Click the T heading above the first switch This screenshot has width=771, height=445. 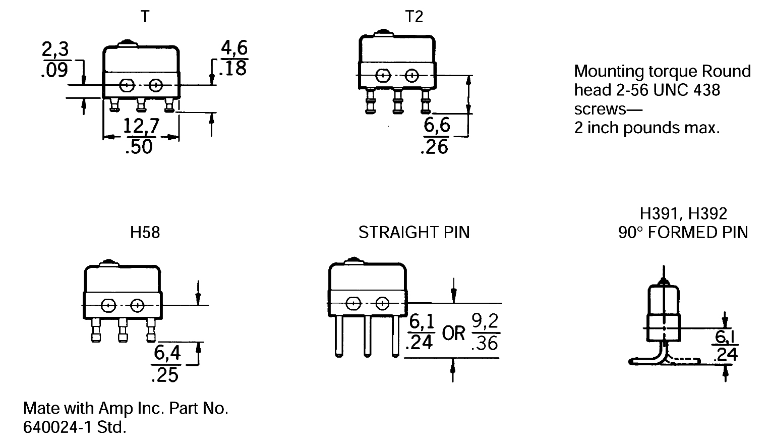point(145,17)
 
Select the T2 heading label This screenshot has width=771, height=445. point(414,17)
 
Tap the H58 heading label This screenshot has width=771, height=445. point(145,232)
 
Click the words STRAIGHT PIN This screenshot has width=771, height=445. point(414,232)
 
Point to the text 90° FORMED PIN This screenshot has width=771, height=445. point(683,232)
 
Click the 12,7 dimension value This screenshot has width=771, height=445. point(141,126)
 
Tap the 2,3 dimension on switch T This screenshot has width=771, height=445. point(55,50)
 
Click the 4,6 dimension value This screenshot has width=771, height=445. point(234,48)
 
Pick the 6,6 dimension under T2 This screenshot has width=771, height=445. point(437,126)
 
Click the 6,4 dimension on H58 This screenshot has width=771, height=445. point(167,353)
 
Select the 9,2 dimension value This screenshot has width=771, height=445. point(485,321)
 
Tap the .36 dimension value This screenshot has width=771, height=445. point(485,343)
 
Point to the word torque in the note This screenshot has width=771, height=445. point(663,71)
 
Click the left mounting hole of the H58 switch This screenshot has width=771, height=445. point(108,305)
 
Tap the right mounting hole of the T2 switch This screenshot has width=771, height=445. point(412,76)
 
